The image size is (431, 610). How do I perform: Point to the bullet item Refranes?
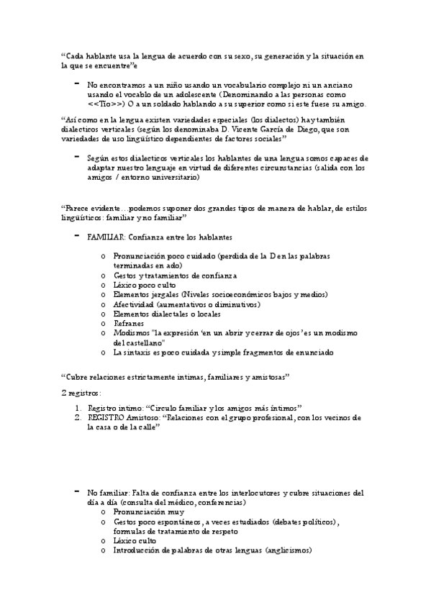[128, 324]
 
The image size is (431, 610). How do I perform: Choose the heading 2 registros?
[81, 393]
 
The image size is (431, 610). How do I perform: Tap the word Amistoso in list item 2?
[146, 417]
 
